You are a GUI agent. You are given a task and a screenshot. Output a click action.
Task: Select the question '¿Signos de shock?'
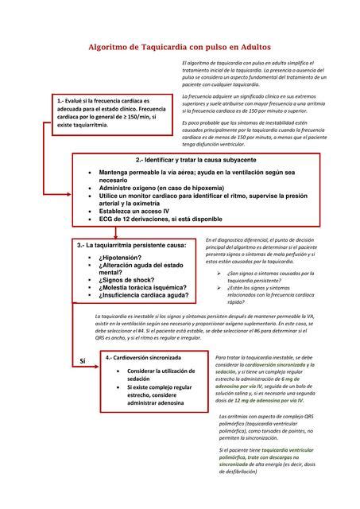(x=130, y=280)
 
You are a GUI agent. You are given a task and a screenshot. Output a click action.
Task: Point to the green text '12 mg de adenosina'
(x=261, y=402)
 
